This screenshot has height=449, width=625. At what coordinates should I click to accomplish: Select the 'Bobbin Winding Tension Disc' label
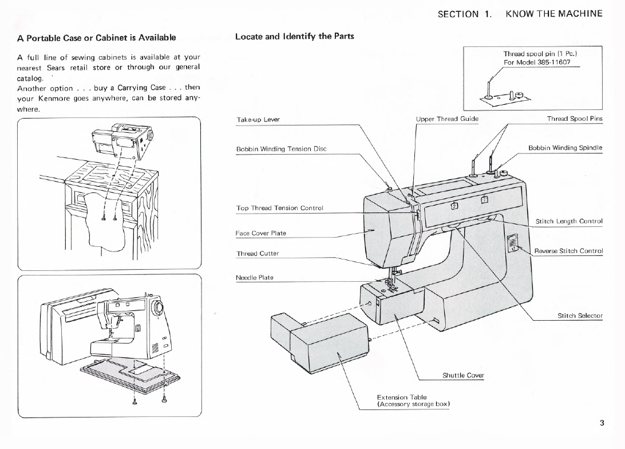(281, 149)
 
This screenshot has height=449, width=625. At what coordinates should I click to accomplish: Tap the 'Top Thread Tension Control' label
(279, 208)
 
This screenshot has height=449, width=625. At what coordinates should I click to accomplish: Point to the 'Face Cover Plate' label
(260, 233)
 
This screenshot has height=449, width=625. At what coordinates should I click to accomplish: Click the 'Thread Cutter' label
(257, 253)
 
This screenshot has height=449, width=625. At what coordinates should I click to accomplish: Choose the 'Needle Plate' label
(254, 278)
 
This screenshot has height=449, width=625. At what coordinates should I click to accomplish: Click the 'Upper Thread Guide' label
(447, 119)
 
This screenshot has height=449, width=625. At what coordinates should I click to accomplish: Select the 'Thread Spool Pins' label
(575, 119)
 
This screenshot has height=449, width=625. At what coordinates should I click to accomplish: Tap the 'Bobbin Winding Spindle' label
(565, 148)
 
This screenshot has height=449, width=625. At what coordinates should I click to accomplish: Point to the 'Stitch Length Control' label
(569, 221)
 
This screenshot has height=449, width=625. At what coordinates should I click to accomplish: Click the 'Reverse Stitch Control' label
(568, 251)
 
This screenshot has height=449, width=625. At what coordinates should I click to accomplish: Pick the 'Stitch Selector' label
(580, 316)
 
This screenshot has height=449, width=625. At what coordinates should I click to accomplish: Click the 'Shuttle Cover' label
(463, 376)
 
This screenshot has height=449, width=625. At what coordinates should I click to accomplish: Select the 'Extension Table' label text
(401, 397)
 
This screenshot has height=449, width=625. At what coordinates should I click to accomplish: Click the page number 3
(602, 423)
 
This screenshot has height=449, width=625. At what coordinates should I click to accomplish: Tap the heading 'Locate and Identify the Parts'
(295, 36)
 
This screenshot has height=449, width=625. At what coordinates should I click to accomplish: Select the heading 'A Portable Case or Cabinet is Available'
(96, 38)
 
